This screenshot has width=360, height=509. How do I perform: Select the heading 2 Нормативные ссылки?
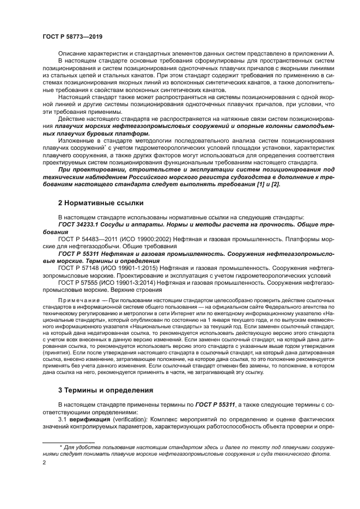click(100, 203)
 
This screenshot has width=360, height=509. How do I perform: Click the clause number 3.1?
click(63, 420)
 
